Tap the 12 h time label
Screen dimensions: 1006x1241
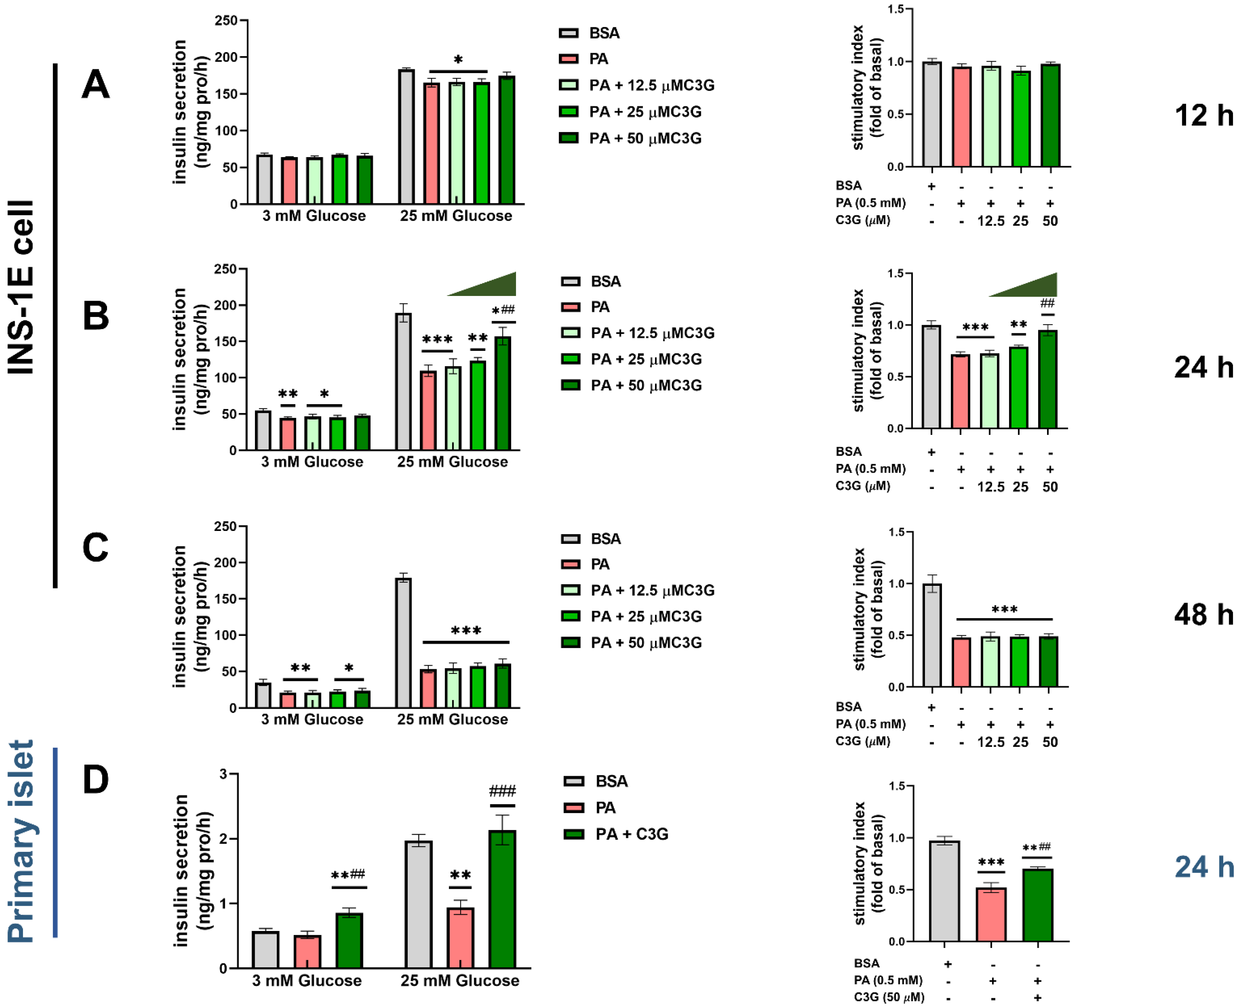click(1203, 115)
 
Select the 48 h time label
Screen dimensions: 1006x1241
click(1203, 614)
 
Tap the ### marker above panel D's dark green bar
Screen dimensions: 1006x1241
click(502, 791)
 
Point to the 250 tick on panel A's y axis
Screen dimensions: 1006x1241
click(226, 21)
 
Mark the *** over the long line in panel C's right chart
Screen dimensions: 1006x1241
click(1004, 609)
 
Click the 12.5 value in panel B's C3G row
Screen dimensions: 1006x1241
click(990, 487)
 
